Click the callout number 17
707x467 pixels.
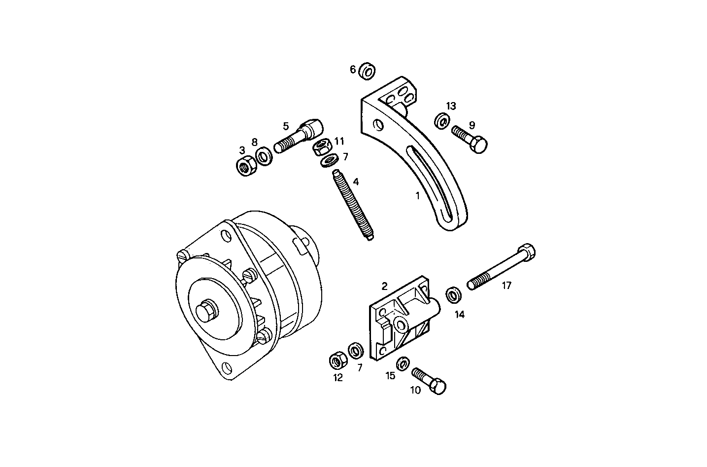click(506, 286)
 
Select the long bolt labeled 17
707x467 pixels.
click(500, 268)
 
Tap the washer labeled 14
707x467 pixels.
click(454, 295)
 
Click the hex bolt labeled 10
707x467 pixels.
click(430, 381)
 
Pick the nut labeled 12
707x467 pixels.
click(337, 361)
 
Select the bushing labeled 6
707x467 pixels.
click(367, 71)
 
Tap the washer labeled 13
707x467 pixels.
click(442, 120)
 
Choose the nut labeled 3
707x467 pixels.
click(245, 166)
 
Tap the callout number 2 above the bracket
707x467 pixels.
click(384, 286)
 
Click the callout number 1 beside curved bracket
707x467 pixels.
click(417, 195)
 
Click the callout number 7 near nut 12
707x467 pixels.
click(360, 367)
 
